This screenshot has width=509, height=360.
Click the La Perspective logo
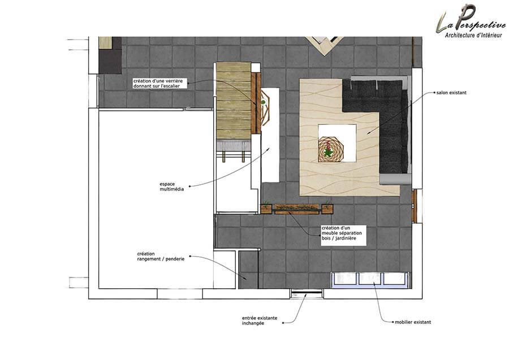tap(471, 21)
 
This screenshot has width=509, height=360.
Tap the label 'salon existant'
tap(451, 93)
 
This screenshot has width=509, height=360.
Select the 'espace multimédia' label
tap(172, 186)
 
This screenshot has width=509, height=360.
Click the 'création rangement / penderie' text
tap(161, 256)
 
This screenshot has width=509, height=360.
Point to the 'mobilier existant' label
tap(413, 322)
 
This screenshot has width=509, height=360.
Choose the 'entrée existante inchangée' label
tap(260, 320)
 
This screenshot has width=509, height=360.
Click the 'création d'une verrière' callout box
tap(160, 83)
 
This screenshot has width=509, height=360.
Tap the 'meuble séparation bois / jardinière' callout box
tap(343, 235)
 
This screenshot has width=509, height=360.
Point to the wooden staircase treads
tap(234, 101)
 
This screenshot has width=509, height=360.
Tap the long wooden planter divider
tap(297, 209)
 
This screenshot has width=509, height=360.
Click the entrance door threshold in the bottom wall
tap(307, 294)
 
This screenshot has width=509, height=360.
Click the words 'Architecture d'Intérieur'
tap(473, 35)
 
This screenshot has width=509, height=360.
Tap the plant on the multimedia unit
tap(263, 103)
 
